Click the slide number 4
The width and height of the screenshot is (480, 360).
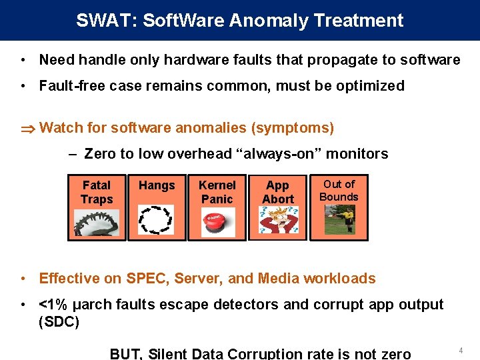pos(460,349)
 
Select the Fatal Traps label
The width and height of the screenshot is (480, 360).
pos(97,192)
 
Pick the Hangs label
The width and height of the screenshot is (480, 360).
pos(157,185)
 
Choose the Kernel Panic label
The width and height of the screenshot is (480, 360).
pos(217,192)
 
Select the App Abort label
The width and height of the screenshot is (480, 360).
pos(278,192)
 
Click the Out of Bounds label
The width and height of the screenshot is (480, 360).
pos(339,190)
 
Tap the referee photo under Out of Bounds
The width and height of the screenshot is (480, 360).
pos(340,219)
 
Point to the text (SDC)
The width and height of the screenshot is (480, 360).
pos(59,322)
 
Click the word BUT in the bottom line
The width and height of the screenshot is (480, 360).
pos(125,354)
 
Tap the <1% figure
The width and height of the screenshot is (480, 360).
pos(53,305)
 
